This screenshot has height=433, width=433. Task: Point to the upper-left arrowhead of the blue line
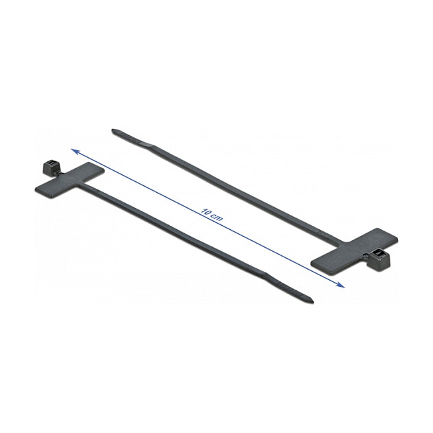click(x=75, y=151)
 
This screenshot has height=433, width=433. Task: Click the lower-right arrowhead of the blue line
click(x=341, y=285)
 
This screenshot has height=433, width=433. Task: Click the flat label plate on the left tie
click(x=70, y=180)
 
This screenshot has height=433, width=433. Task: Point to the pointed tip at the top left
click(x=113, y=130)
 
